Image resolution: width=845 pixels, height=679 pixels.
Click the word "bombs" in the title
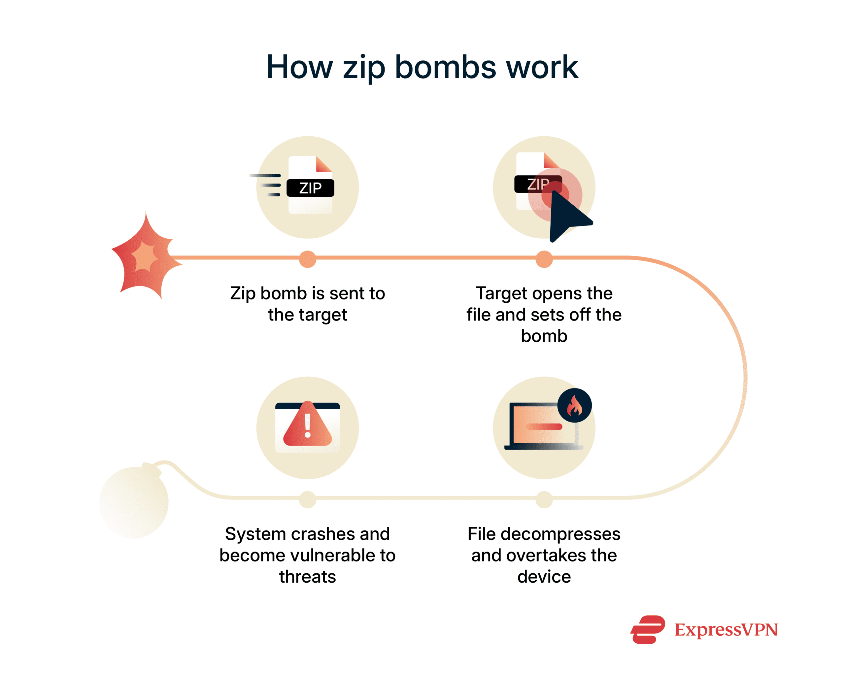(x=446, y=67)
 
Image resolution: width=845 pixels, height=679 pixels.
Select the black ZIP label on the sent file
(x=310, y=188)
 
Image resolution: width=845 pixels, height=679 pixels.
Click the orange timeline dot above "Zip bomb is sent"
(x=308, y=259)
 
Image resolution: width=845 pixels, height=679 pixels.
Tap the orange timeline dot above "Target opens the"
(x=544, y=259)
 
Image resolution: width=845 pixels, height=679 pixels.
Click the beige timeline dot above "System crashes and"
(x=308, y=499)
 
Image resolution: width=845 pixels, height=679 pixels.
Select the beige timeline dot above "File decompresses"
(x=544, y=499)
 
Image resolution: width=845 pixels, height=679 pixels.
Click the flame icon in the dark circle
(x=574, y=406)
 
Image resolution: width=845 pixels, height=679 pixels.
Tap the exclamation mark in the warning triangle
(x=308, y=426)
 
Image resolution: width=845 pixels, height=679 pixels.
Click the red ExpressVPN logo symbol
(x=648, y=629)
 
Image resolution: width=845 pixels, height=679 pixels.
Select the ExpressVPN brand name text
(x=726, y=630)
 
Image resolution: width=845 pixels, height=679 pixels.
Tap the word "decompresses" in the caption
(x=560, y=534)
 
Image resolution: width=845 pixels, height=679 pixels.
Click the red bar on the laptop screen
(x=544, y=426)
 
